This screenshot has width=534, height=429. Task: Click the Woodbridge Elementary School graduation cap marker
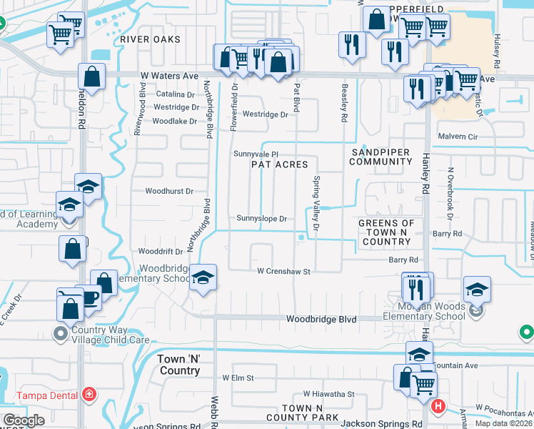point(203,278)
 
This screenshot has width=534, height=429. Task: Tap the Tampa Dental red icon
point(89,394)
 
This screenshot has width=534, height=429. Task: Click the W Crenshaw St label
point(283,272)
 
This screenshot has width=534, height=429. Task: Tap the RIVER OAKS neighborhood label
point(150,39)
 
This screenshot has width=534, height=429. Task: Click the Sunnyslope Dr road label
point(261,219)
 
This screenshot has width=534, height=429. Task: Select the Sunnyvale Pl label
point(256,154)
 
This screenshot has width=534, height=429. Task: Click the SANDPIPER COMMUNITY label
point(381,157)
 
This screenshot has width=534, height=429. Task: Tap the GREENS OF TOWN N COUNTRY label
point(386,232)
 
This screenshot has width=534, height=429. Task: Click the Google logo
point(24,420)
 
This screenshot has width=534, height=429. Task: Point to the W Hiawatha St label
point(328,394)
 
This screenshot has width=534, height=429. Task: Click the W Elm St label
point(238,378)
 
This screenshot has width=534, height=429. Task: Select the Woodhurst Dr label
point(169,192)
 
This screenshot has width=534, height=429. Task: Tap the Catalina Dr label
point(176,94)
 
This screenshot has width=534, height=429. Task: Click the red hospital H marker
point(438,407)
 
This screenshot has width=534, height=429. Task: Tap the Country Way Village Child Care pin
point(61,333)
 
